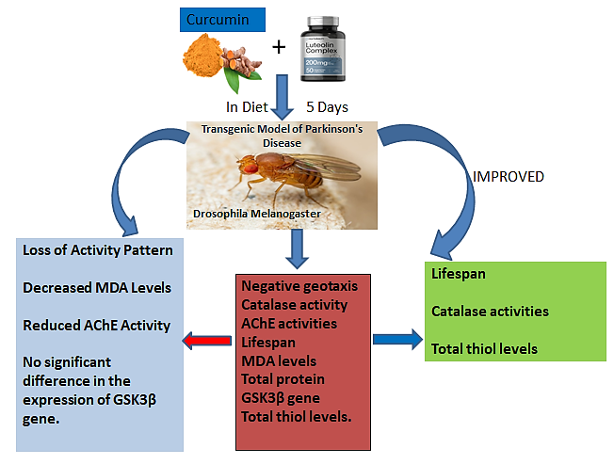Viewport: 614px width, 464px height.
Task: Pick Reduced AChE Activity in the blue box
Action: pyautogui.click(x=95, y=326)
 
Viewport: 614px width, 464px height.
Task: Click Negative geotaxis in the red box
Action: pyautogui.click(x=299, y=285)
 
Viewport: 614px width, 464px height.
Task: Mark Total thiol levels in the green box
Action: pyautogui.click(x=485, y=349)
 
